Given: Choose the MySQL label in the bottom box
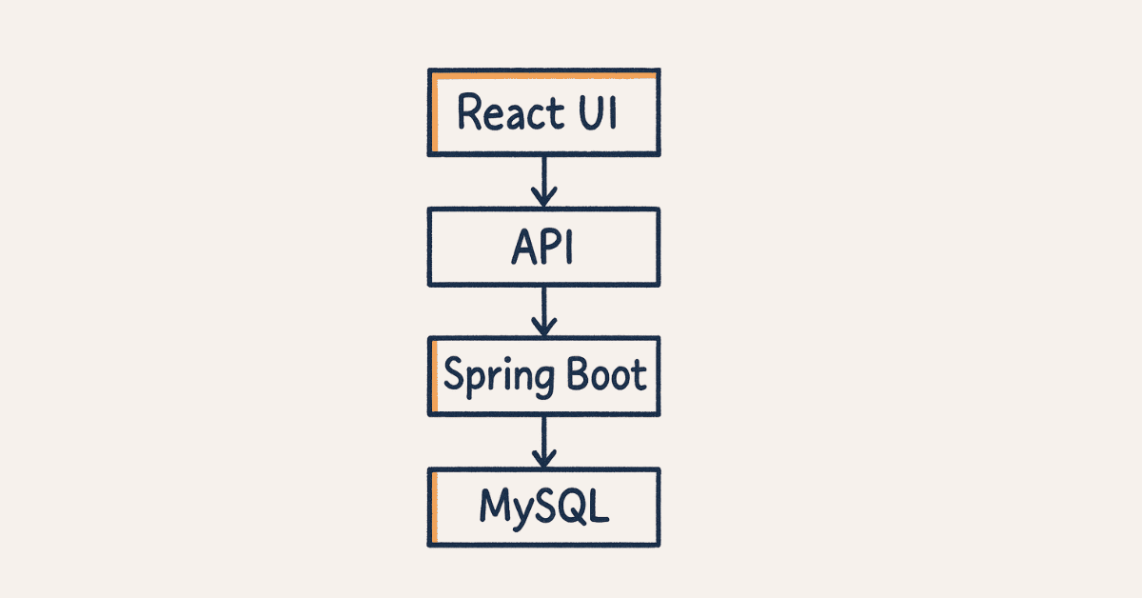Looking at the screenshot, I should click(543, 507).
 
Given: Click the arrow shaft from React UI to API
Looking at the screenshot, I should click(543, 176).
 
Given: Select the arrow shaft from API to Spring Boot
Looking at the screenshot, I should click(543, 305).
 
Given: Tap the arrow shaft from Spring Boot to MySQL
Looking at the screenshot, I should click(543, 436).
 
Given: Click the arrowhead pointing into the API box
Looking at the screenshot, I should click(543, 199).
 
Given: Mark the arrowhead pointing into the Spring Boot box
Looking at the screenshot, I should click(543, 328).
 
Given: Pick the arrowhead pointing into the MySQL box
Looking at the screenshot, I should click(543, 459).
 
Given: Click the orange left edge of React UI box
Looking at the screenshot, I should click(434, 112).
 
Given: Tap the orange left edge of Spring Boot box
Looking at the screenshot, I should click(434, 375).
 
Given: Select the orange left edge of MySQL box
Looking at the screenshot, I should click(434, 507).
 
